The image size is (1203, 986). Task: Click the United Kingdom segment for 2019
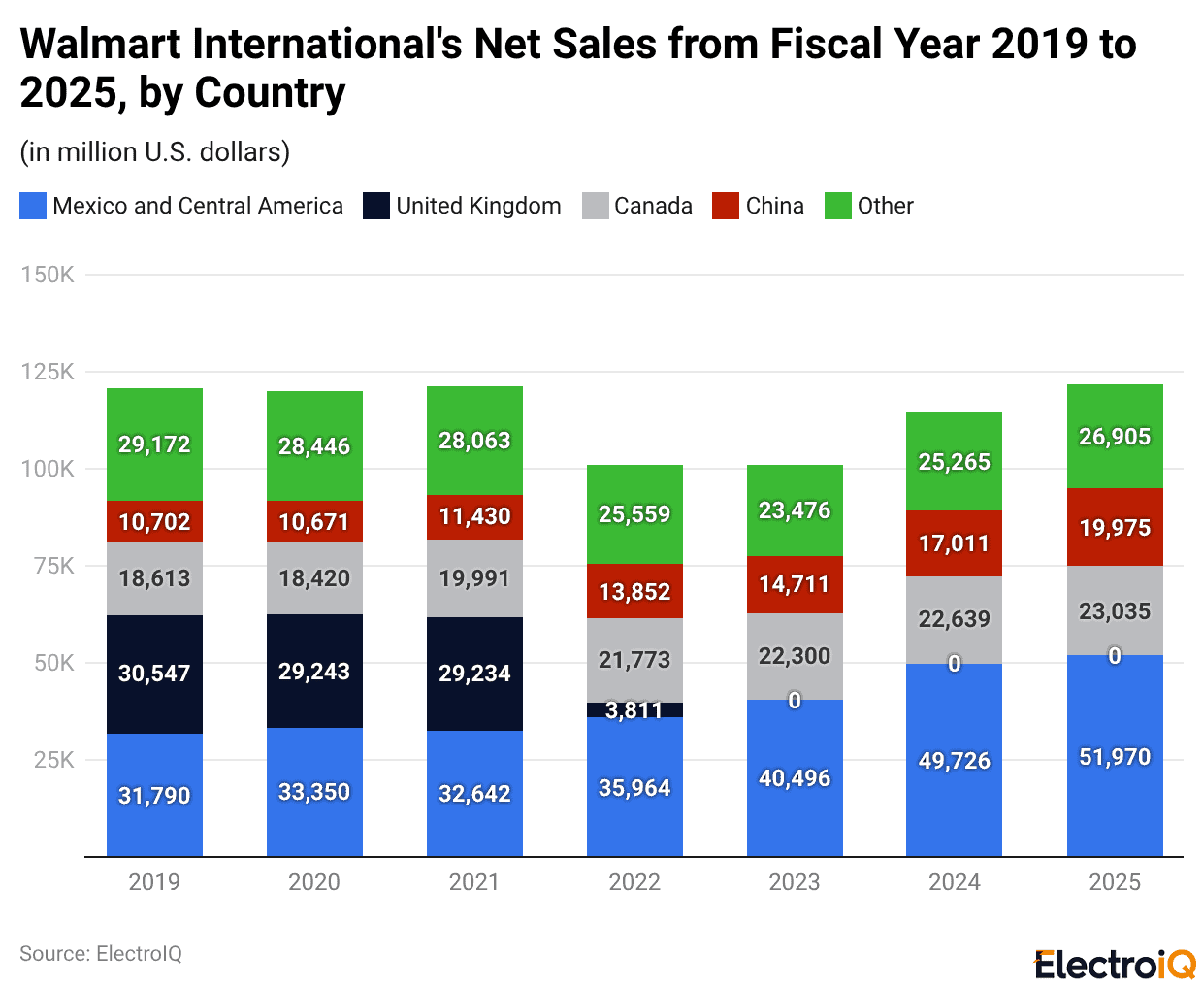click(x=154, y=674)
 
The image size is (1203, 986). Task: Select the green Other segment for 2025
click(x=1115, y=436)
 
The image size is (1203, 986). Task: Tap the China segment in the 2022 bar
click(x=634, y=591)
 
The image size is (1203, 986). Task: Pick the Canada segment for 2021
click(x=474, y=578)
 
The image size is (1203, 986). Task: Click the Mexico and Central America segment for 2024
click(x=954, y=760)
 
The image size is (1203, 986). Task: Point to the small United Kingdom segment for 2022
click(x=634, y=710)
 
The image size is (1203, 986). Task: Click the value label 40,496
click(x=795, y=778)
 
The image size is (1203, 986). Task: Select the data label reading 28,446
click(x=314, y=446)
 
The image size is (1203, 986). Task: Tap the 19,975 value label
click(x=1115, y=528)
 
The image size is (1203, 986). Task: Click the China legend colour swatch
click(x=725, y=206)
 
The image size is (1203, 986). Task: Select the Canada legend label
click(x=653, y=206)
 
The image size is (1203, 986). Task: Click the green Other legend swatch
click(x=837, y=206)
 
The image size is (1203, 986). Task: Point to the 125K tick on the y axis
click(x=48, y=372)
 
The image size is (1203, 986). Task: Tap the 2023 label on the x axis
click(x=795, y=882)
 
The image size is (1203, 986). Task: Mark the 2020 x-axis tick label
click(x=314, y=882)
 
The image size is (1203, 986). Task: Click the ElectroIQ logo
click(x=1115, y=965)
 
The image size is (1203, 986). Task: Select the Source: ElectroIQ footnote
click(x=101, y=954)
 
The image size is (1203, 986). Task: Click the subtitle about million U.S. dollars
click(x=155, y=152)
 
